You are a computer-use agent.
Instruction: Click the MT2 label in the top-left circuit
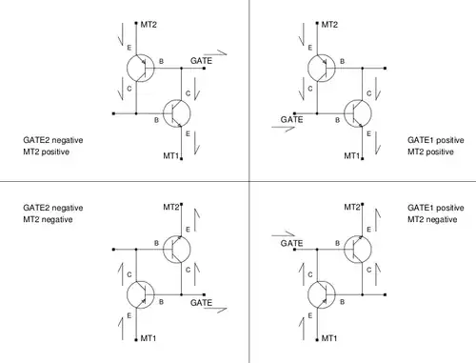(149, 25)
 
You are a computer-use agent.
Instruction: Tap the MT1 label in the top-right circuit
(352, 155)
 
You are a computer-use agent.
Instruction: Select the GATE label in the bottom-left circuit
(201, 303)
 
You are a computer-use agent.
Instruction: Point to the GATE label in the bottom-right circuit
(291, 243)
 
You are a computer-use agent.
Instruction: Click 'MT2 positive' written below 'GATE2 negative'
(47, 151)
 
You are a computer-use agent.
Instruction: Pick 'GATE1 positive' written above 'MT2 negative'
(436, 208)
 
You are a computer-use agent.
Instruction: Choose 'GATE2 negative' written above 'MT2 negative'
(53, 208)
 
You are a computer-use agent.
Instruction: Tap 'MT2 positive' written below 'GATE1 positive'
(430, 151)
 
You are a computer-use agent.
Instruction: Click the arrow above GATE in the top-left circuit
(215, 52)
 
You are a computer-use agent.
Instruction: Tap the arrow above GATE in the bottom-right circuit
(284, 234)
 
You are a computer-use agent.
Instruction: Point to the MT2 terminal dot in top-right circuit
(317, 23)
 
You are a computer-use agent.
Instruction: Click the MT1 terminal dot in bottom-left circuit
(136, 340)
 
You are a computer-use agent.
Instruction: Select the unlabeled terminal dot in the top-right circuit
(385, 69)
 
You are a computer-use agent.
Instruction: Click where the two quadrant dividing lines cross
(249, 181)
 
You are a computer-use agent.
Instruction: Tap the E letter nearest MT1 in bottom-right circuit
(310, 315)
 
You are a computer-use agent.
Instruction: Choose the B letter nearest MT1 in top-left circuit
(156, 120)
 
